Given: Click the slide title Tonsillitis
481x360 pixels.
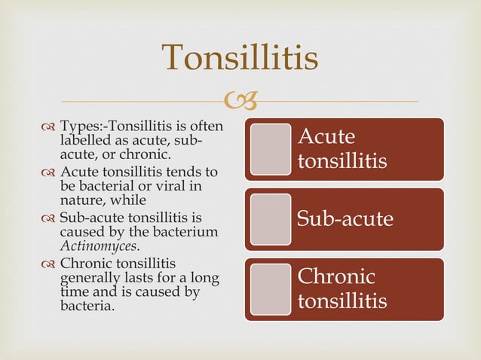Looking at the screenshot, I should [x=240, y=58].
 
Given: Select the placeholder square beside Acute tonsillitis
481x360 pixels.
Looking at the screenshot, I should [x=270, y=148].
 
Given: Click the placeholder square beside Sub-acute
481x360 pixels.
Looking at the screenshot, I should [x=270, y=218].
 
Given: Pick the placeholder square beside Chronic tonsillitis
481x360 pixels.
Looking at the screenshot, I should [x=270, y=288].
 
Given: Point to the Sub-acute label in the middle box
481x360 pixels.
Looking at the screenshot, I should [x=345, y=219].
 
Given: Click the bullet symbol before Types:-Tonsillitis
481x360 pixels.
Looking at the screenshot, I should [x=50, y=127].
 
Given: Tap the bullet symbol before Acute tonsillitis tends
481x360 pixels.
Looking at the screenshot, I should [x=50, y=173].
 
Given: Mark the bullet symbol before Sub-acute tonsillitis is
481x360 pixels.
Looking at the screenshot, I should [x=50, y=218].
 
